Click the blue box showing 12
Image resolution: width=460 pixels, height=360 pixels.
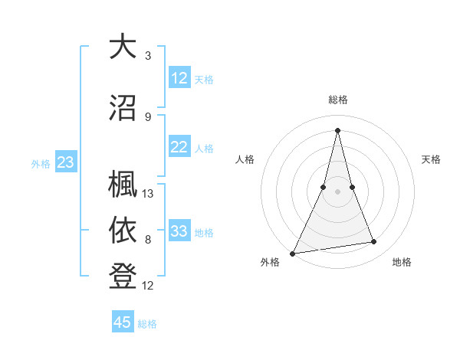pos(179,78)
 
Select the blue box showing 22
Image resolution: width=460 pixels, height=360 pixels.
pos(179,148)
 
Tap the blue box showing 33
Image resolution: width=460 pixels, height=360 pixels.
pos(179,232)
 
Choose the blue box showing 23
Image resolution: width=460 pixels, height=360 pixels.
pos(65,162)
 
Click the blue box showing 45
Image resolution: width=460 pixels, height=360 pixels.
pos(123,322)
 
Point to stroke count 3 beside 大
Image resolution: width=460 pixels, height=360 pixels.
pos(148,56)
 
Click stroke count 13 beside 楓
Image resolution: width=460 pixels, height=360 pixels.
pos(148,194)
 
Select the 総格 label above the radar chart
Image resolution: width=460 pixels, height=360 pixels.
pos(338,100)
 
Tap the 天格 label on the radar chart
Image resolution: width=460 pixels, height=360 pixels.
pos(431,159)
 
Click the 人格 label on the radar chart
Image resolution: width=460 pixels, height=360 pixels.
pos(245,159)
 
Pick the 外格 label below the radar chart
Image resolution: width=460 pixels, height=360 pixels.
pos(270,262)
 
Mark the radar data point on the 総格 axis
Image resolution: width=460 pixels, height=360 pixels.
pos(338,129)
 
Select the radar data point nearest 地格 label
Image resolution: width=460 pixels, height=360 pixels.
pos(374,242)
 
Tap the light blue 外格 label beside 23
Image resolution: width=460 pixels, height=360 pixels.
pos(41,163)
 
